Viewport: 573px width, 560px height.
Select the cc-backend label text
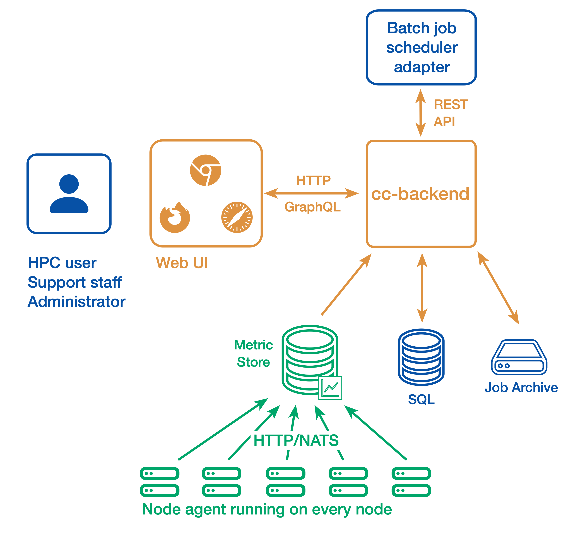pos(420,194)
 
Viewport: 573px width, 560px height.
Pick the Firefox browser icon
pos(175,218)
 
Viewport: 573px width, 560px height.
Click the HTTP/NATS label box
pos(297,440)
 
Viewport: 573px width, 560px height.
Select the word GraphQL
pos(312,207)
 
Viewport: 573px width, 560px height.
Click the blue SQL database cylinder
pos(421,357)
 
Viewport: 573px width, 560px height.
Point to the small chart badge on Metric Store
pos(330,388)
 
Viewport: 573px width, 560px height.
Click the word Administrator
pos(76,302)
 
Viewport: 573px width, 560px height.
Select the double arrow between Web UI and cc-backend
pos(311,194)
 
